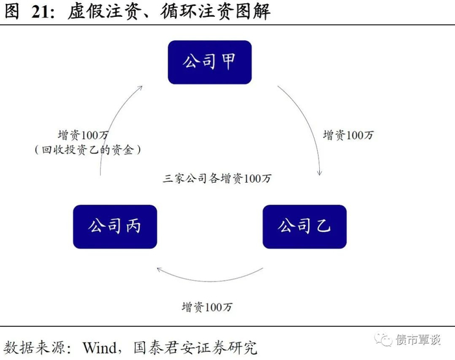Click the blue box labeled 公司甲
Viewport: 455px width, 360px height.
pyautogui.click(x=209, y=62)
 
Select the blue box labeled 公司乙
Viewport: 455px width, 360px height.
pyautogui.click(x=304, y=227)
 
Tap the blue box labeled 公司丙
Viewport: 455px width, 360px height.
pyautogui.click(x=115, y=227)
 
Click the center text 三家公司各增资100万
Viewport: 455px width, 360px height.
pyautogui.click(x=217, y=179)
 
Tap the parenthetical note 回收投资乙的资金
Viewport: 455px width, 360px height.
pyautogui.click(x=88, y=149)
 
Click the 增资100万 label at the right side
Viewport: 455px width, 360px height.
pyautogui.click(x=348, y=135)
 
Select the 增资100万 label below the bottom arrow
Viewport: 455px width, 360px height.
pyautogui.click(x=207, y=307)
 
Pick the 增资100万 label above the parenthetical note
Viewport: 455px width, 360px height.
pyautogui.click(x=83, y=135)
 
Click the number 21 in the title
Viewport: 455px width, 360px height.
pyautogui.click(x=40, y=12)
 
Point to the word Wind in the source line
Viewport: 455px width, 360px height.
pyautogui.click(x=99, y=347)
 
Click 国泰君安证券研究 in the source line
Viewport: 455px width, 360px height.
pyautogui.click(x=195, y=347)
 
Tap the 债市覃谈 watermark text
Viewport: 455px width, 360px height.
pyautogui.click(x=418, y=340)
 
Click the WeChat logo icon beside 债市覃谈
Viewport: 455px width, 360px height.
pyautogui.click(x=383, y=339)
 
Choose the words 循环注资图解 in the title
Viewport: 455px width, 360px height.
pyautogui.click(x=215, y=12)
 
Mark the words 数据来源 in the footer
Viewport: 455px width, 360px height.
pyautogui.click(x=34, y=347)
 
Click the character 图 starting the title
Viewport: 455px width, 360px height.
pyautogui.click(x=12, y=12)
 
